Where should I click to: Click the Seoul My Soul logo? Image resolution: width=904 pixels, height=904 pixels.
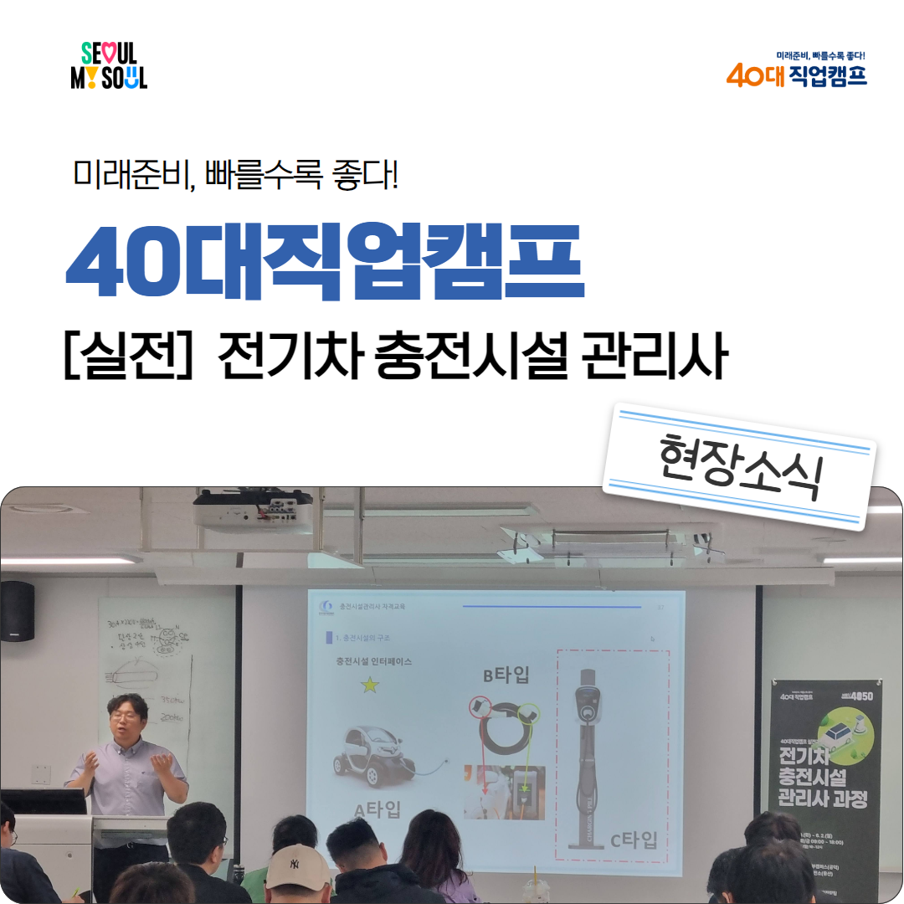109,66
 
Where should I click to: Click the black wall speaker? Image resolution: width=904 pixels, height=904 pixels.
18,610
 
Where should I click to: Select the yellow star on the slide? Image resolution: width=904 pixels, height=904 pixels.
368,686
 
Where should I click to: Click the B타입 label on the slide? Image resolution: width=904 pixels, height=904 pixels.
506,675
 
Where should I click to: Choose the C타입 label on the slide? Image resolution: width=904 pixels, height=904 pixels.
633,840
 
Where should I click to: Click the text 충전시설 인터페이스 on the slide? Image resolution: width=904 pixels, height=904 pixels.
373,661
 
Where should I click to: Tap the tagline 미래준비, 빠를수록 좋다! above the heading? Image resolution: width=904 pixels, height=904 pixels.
235,175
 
